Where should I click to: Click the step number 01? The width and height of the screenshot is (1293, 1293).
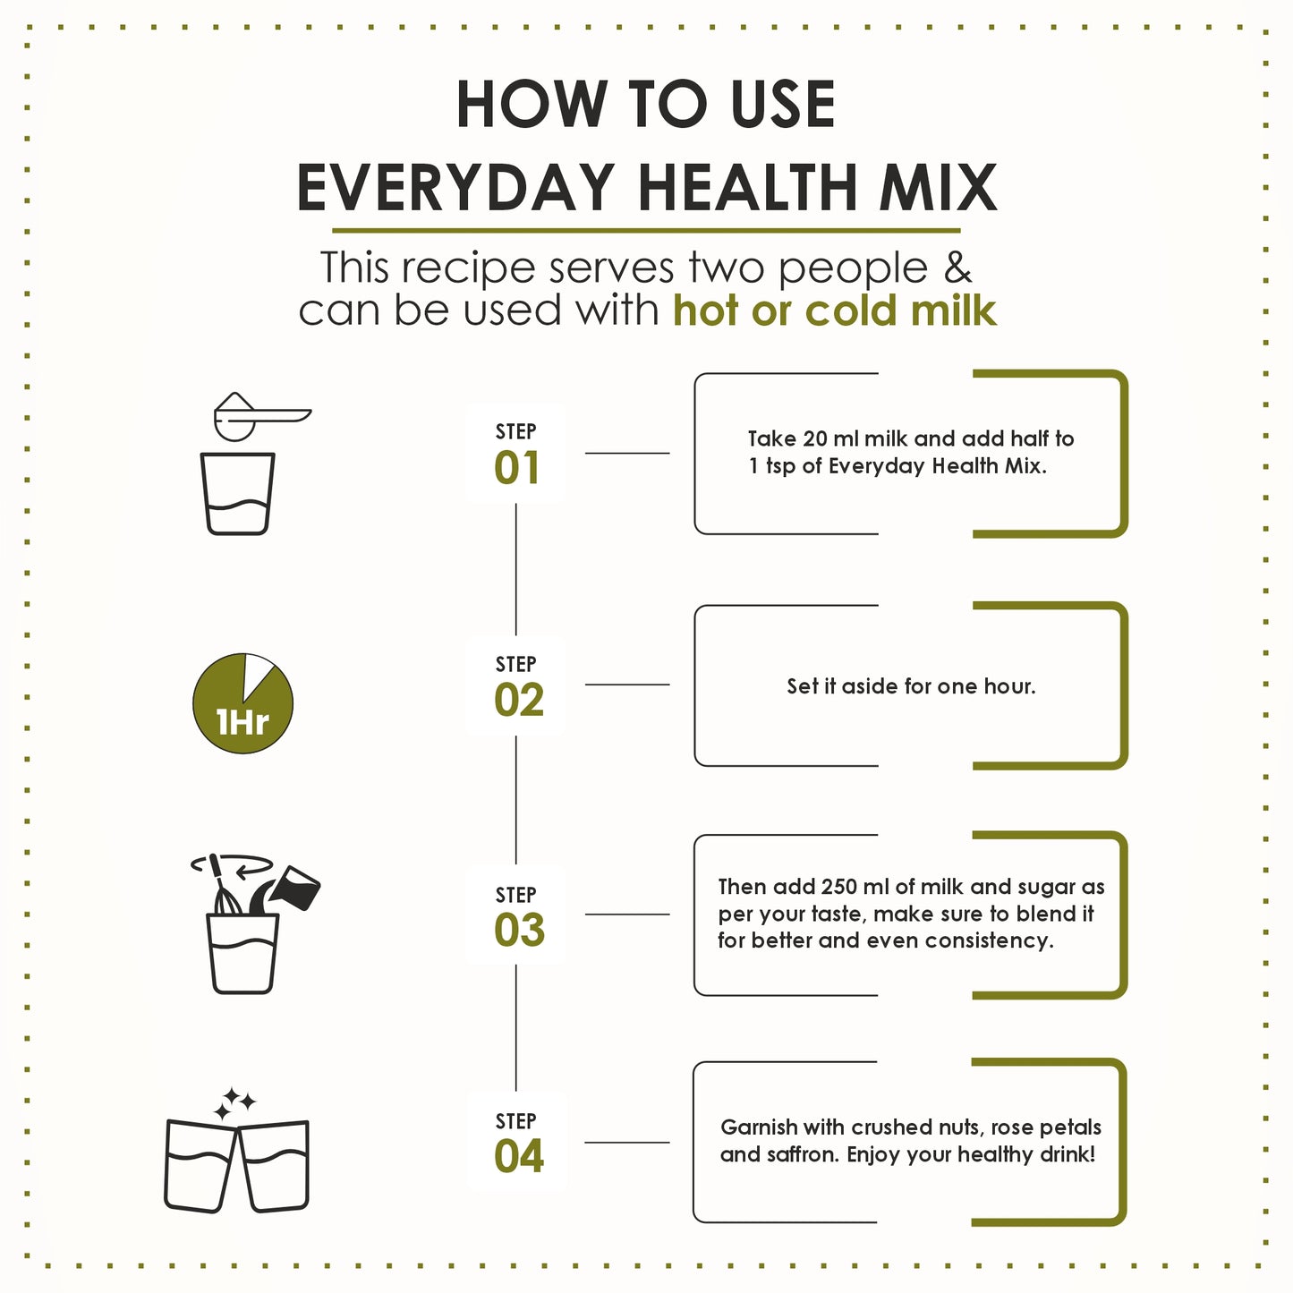tap(516, 468)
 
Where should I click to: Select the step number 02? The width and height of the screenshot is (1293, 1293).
tap(518, 700)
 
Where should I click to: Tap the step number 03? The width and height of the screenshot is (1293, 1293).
tap(519, 931)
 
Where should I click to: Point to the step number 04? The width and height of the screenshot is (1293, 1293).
tap(518, 1156)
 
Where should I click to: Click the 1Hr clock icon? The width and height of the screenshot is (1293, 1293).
tap(242, 703)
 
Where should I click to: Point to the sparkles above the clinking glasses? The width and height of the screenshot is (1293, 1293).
tap(234, 1103)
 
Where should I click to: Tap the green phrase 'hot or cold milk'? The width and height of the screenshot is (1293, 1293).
tap(834, 310)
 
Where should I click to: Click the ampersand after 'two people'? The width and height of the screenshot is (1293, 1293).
tap(957, 268)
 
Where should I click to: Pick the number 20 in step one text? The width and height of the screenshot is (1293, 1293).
tap(815, 438)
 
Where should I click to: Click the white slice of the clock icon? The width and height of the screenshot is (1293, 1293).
tap(259, 673)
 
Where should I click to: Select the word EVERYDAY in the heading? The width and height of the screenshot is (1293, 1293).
tap(455, 188)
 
